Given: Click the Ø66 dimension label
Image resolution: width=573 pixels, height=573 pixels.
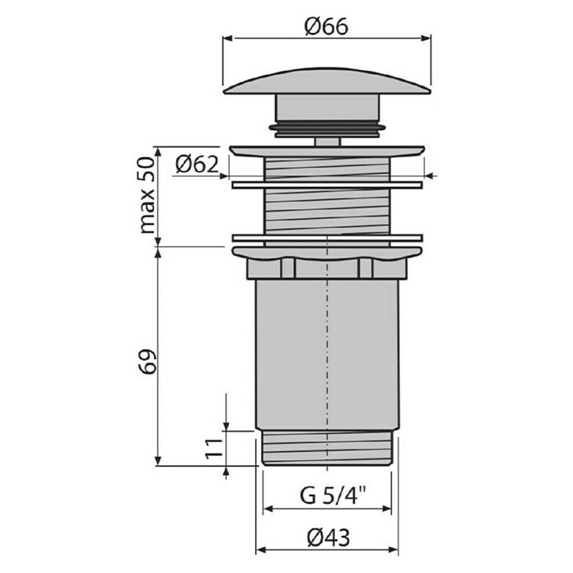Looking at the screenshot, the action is pyautogui.click(x=326, y=26).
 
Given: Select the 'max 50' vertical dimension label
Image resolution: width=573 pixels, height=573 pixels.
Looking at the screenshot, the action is pyautogui.click(x=147, y=195).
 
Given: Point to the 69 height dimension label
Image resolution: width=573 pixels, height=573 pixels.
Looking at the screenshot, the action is pyautogui.click(x=147, y=362).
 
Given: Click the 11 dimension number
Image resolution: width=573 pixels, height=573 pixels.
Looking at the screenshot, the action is pyautogui.click(x=214, y=449).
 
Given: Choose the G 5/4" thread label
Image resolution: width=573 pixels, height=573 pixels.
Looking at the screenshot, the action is pyautogui.click(x=333, y=496).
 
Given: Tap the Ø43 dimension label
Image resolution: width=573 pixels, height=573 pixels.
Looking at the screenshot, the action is pyautogui.click(x=328, y=538).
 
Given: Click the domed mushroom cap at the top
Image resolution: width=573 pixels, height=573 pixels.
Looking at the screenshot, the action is pyautogui.click(x=327, y=82).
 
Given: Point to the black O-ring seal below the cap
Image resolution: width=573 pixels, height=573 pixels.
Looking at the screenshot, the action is pyautogui.click(x=327, y=127).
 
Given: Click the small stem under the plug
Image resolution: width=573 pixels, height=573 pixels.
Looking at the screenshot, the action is pyautogui.click(x=328, y=142).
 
